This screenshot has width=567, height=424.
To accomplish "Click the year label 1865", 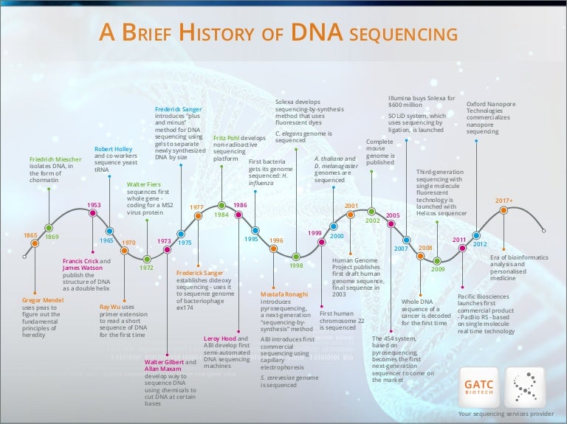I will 30,235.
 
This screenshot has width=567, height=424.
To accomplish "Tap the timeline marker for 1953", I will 93,213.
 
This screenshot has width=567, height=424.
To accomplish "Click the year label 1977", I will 196,207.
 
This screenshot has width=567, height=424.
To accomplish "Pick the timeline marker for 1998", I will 296,256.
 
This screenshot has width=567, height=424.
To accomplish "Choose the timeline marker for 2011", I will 461,249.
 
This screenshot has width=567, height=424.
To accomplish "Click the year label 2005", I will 392,215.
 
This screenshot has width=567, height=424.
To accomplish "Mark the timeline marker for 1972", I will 147,259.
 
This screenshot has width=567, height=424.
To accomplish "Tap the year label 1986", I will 240,205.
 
